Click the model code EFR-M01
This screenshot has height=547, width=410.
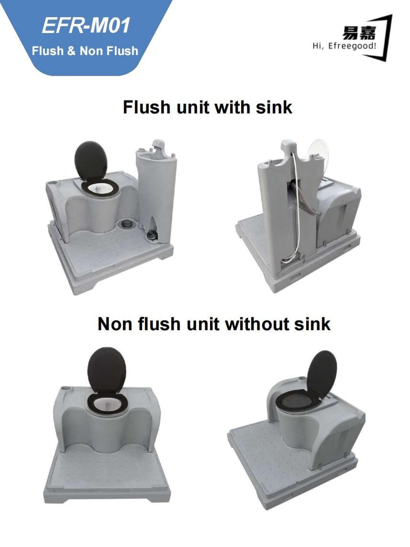[x=86, y=25]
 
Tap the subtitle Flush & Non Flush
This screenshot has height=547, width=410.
[x=85, y=51]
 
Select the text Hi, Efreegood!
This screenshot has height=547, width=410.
[x=344, y=46]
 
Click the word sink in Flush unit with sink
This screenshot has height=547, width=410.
[x=274, y=107]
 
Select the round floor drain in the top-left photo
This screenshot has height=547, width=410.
[x=125, y=223]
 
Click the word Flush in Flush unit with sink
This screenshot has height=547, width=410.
[x=146, y=107]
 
